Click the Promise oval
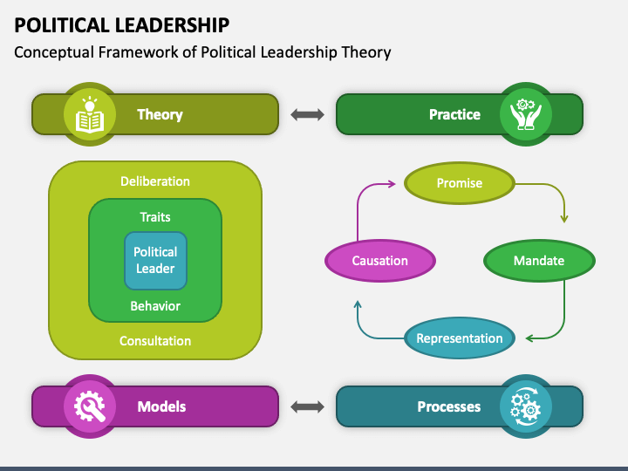point(460,183)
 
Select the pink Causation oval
point(380,261)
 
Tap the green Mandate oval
point(539,261)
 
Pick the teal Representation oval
point(460,338)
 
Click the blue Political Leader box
point(155,260)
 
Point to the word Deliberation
point(155,181)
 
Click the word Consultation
point(155,341)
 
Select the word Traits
point(155,217)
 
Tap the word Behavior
point(155,306)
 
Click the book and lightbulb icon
point(90,115)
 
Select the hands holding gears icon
point(526,114)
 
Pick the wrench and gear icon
point(90,406)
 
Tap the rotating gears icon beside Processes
point(525,406)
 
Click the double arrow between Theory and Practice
point(307,114)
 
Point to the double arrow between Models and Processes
point(307,407)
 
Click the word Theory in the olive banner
point(160,114)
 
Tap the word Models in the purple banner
point(161,406)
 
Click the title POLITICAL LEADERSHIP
point(122,25)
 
